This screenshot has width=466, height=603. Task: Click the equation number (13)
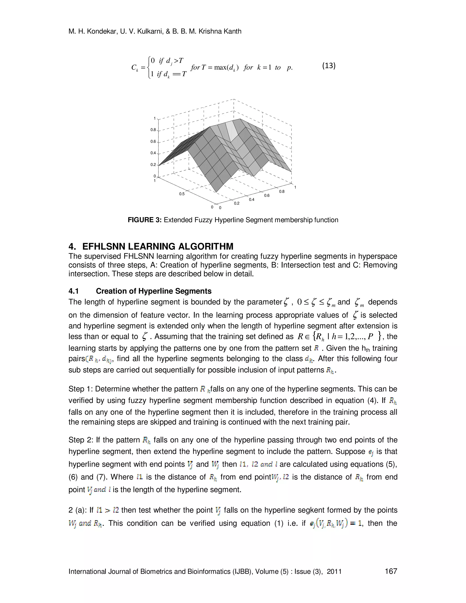click(329, 66)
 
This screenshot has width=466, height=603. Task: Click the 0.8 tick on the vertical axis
click(153, 130)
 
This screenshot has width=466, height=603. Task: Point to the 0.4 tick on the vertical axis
click(153, 153)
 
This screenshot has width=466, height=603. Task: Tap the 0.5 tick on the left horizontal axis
click(182, 194)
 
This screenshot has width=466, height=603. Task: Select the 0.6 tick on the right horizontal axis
click(267, 195)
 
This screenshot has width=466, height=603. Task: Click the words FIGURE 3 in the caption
click(144, 220)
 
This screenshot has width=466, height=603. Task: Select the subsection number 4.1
click(74, 291)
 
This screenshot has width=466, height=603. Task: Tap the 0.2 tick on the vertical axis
click(153, 165)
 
